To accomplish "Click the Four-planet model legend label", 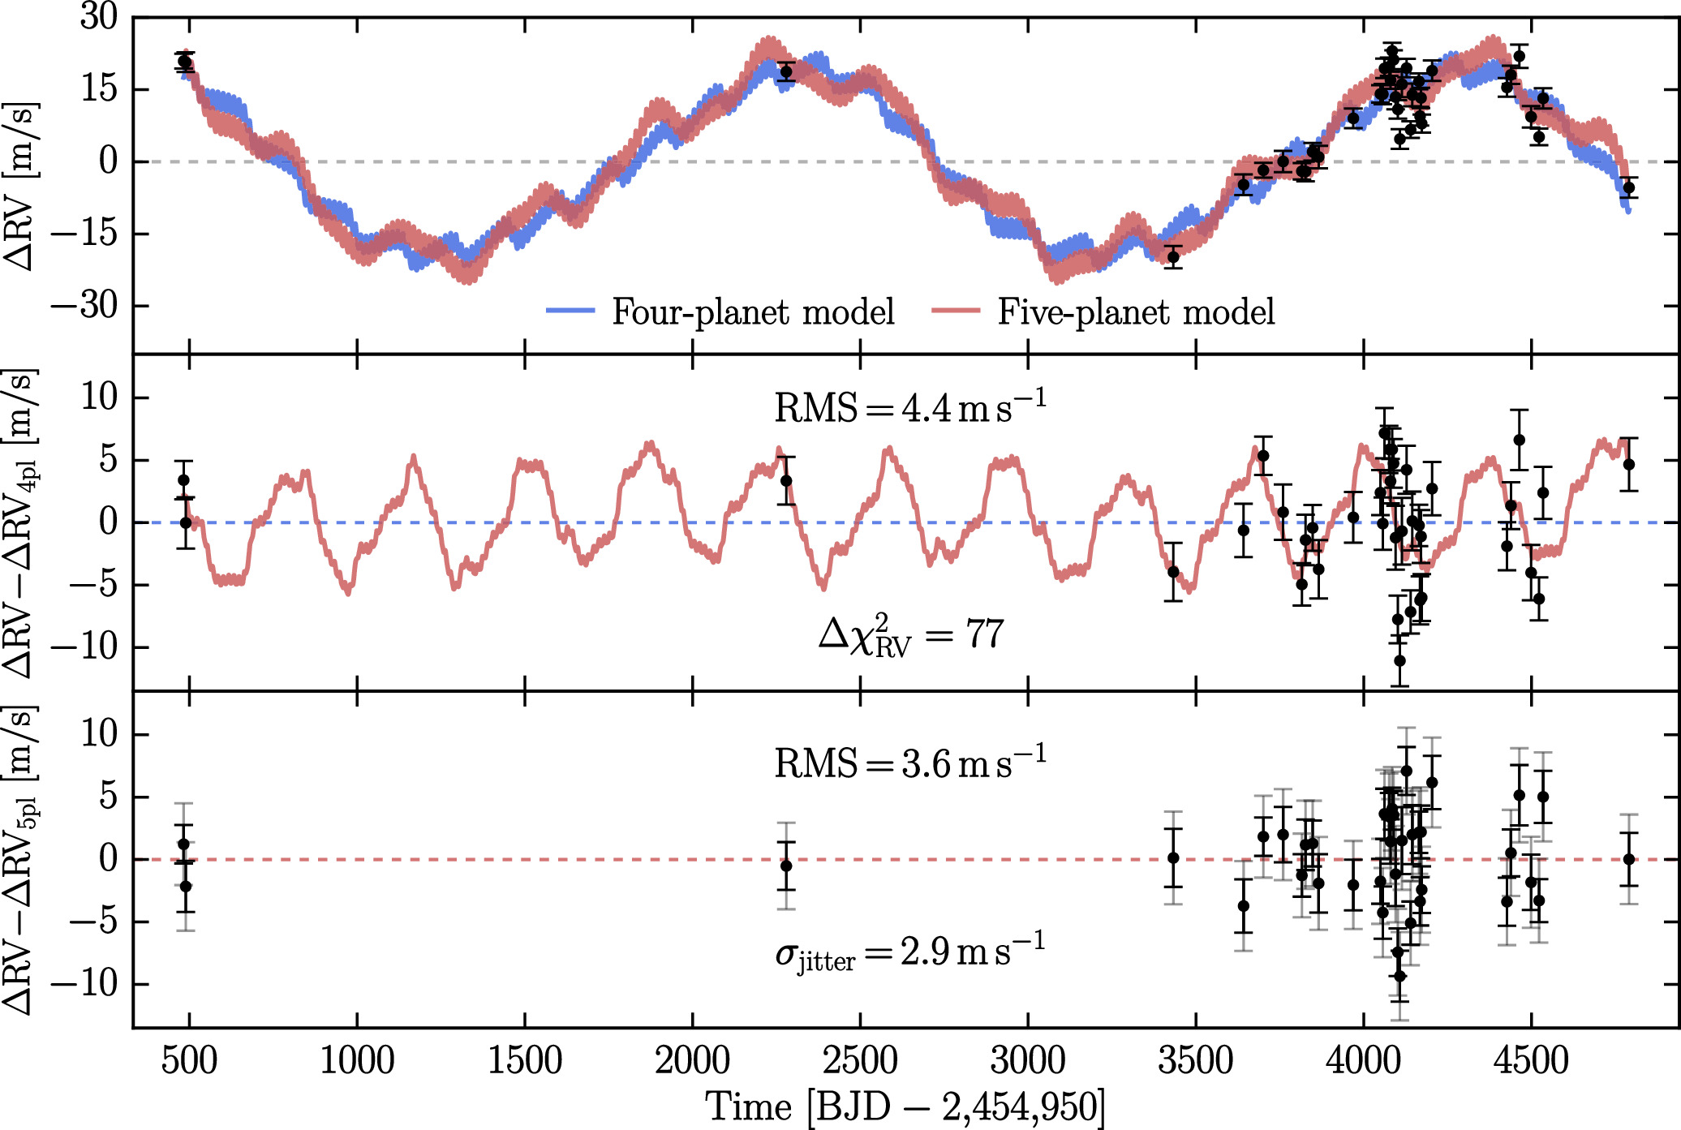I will [753, 312].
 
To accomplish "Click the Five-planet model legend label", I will [1136, 312].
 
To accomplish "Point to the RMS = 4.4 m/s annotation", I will [909, 406].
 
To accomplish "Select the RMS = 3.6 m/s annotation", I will [909, 763].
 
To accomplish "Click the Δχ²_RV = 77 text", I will [911, 634].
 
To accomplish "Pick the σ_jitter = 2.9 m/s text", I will [909, 952].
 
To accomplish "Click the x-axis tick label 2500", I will [860, 1060].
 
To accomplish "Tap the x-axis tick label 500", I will [189, 1060].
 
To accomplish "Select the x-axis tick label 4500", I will [1531, 1060].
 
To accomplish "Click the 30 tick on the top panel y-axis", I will [99, 16].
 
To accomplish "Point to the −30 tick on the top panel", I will [84, 306].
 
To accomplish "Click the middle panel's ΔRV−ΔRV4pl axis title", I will [21, 523].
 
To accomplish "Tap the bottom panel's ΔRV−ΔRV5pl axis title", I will [21, 860].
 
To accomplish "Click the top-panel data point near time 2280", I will [786, 71].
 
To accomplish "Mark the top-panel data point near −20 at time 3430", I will [1173, 256].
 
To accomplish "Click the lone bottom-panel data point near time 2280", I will [786, 866].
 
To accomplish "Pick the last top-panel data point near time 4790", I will [1628, 187].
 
